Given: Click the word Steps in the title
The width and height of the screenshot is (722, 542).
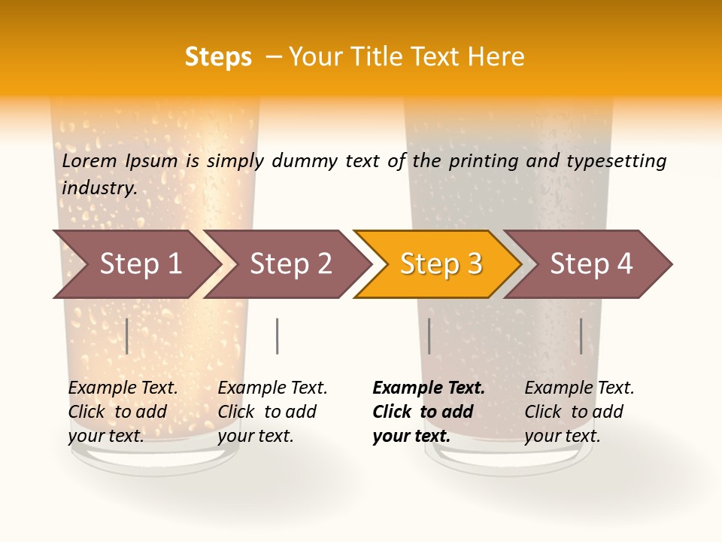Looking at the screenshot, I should click(x=218, y=57).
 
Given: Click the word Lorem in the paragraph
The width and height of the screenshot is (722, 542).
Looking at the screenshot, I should click(x=89, y=161).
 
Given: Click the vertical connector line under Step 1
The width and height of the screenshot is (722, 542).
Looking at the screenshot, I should click(x=127, y=336).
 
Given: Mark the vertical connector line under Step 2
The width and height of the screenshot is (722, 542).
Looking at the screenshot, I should click(x=278, y=336).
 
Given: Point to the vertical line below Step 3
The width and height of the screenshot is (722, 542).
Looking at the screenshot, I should click(x=429, y=336).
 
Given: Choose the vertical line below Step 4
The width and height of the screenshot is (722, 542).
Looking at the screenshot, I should click(x=581, y=336).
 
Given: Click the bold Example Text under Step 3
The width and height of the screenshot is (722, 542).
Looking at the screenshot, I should click(x=429, y=388).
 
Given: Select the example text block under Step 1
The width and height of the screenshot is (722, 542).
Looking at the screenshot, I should click(x=123, y=412).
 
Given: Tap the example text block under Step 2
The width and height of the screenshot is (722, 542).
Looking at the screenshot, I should click(x=272, y=412).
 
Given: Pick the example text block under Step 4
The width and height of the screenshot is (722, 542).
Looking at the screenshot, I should click(x=579, y=412).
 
